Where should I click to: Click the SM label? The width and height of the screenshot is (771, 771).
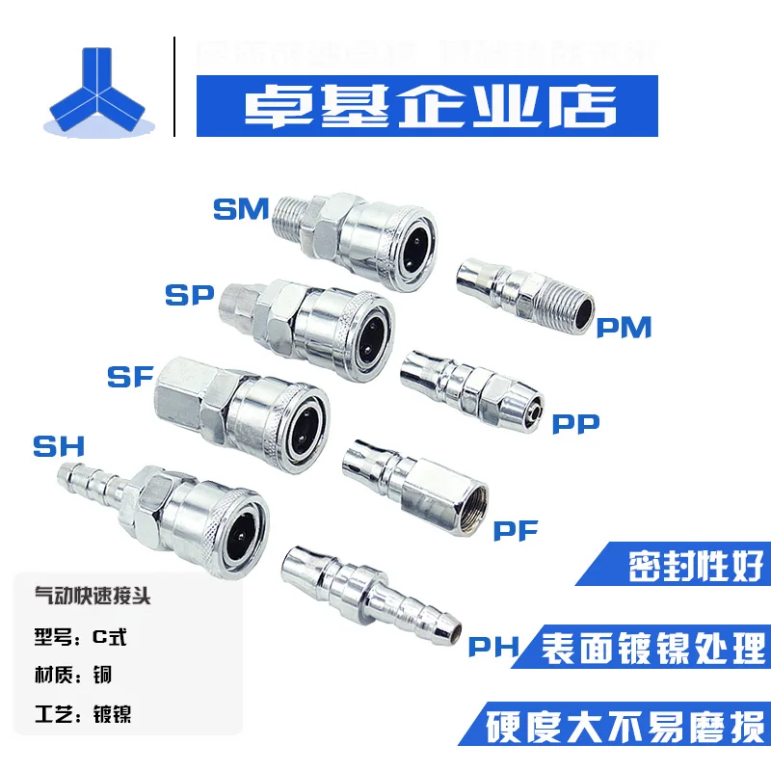click(x=240, y=209)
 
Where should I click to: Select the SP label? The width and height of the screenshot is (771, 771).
click(x=188, y=296)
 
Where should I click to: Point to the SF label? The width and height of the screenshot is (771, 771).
click(x=130, y=377)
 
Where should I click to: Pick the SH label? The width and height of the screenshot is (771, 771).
click(x=60, y=446)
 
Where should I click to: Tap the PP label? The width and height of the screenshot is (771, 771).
click(x=575, y=422)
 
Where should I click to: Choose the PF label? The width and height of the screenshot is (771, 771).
click(x=518, y=530)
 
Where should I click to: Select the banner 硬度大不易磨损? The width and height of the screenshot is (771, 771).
click(x=626, y=723)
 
